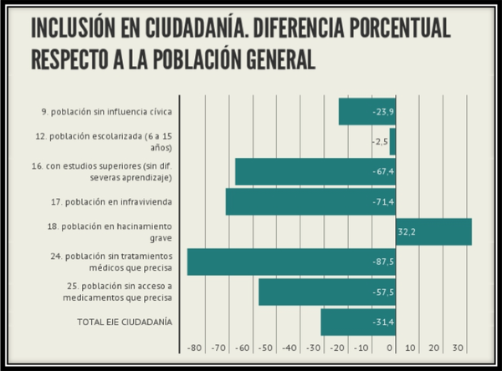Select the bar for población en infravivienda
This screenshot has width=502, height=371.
pos(310,202)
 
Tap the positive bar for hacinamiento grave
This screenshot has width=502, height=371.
pos(433,232)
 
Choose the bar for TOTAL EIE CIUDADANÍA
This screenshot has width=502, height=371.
pos(357,322)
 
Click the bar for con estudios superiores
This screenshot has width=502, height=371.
pos(315,171)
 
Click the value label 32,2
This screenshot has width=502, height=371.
pos(407,232)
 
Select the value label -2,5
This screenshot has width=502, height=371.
pos(380,141)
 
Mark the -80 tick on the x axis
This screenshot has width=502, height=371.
pos(194,348)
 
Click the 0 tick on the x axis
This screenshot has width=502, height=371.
pos(391,348)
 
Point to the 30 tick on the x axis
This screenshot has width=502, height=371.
pos(458,348)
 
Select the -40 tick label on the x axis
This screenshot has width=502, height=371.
pos(289,348)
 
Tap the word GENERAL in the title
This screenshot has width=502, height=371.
pos(273,61)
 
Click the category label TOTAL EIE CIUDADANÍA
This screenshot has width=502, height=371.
pos(124,322)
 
